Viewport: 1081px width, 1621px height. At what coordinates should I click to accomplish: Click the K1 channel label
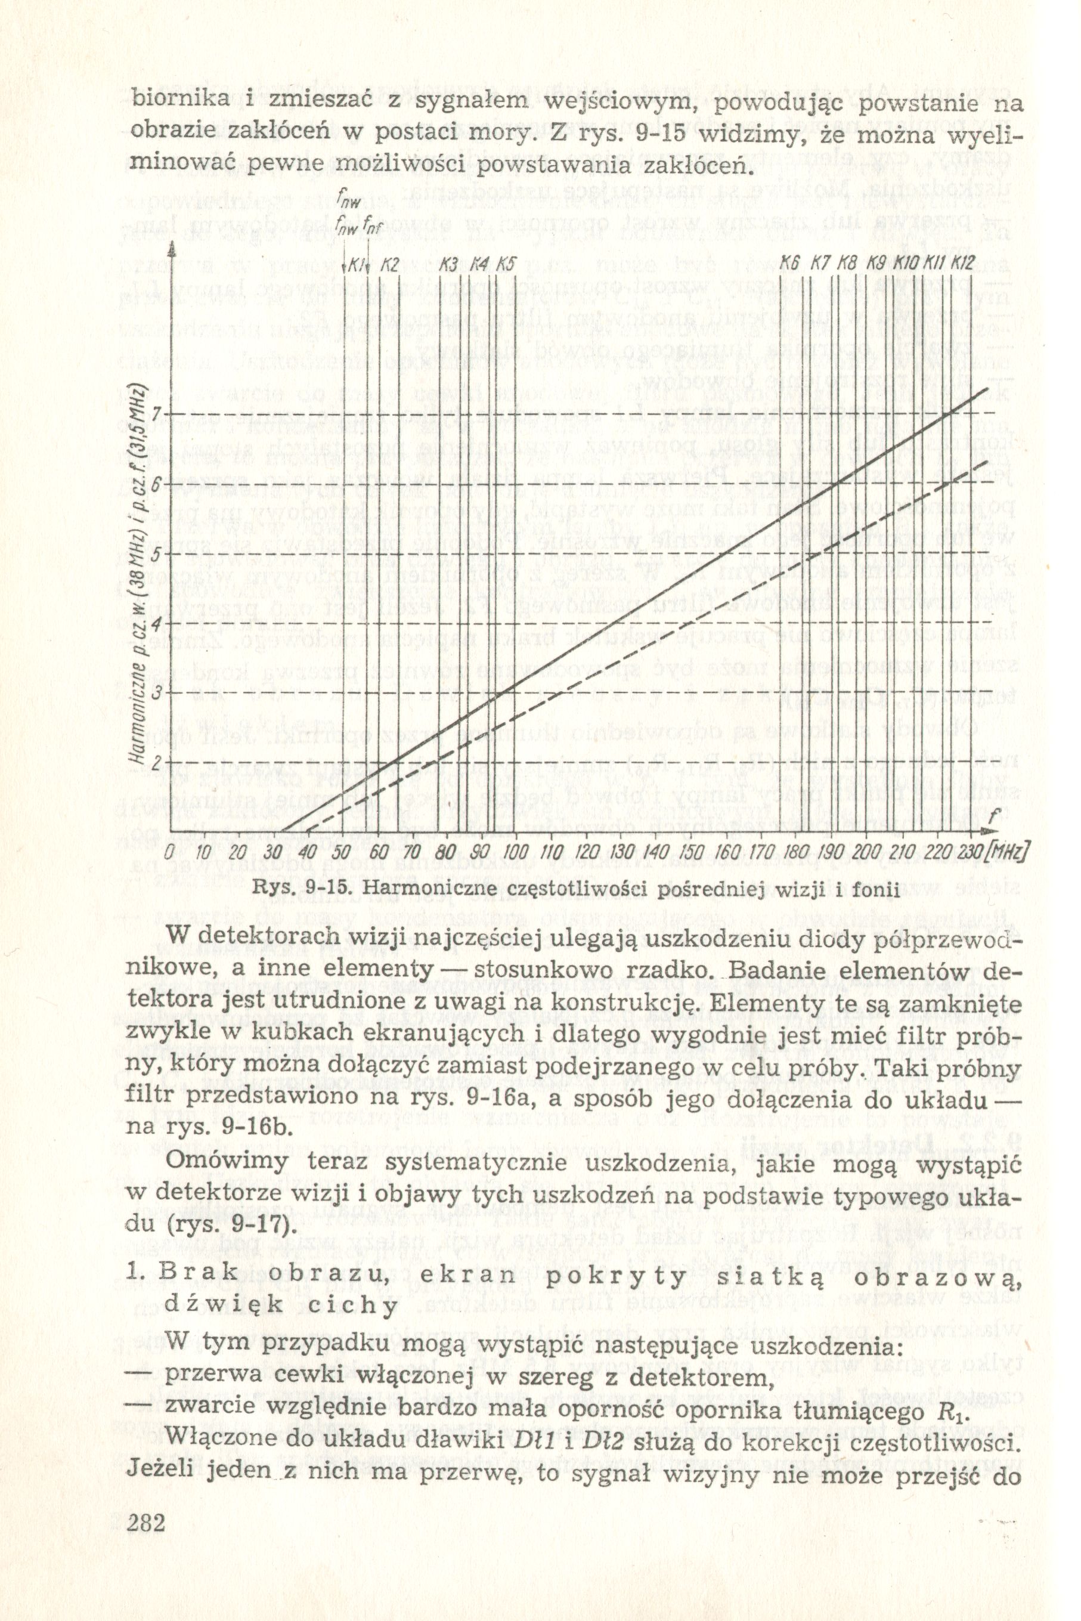point(356,264)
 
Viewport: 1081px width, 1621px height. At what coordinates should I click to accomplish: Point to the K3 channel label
point(449,264)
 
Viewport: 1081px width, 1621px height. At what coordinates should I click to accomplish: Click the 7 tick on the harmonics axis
point(157,413)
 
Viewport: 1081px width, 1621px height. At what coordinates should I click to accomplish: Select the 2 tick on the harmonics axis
point(157,763)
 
